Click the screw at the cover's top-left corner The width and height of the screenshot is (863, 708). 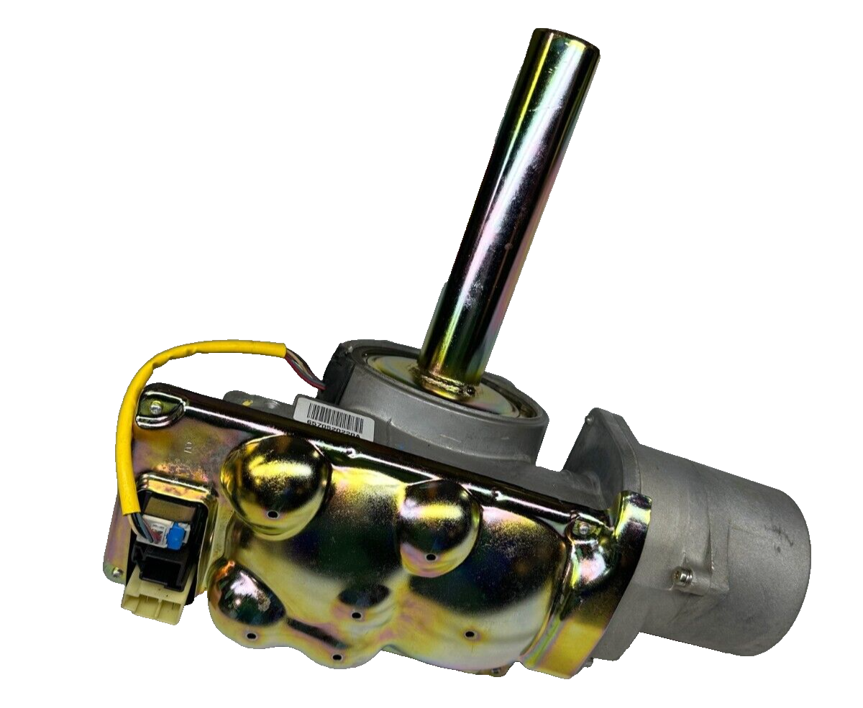156,408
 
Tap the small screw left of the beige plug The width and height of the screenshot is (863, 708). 115,572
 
